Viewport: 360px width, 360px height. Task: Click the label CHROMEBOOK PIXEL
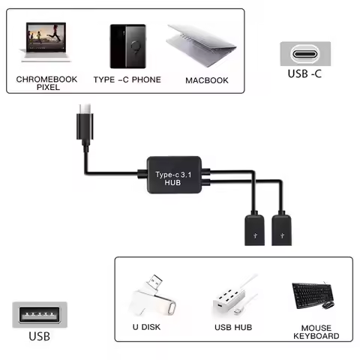[48, 82]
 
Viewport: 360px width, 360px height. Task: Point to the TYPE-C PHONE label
[127, 79]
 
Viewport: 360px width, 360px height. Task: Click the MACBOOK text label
[206, 79]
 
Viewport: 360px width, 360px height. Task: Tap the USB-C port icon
[304, 55]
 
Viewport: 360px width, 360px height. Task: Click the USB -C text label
[305, 75]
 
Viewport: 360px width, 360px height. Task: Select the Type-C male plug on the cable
[83, 123]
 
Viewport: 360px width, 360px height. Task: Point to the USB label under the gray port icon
[40, 336]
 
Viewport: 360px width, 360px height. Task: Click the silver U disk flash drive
[155, 296]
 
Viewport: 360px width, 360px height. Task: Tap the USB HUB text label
[233, 328]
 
